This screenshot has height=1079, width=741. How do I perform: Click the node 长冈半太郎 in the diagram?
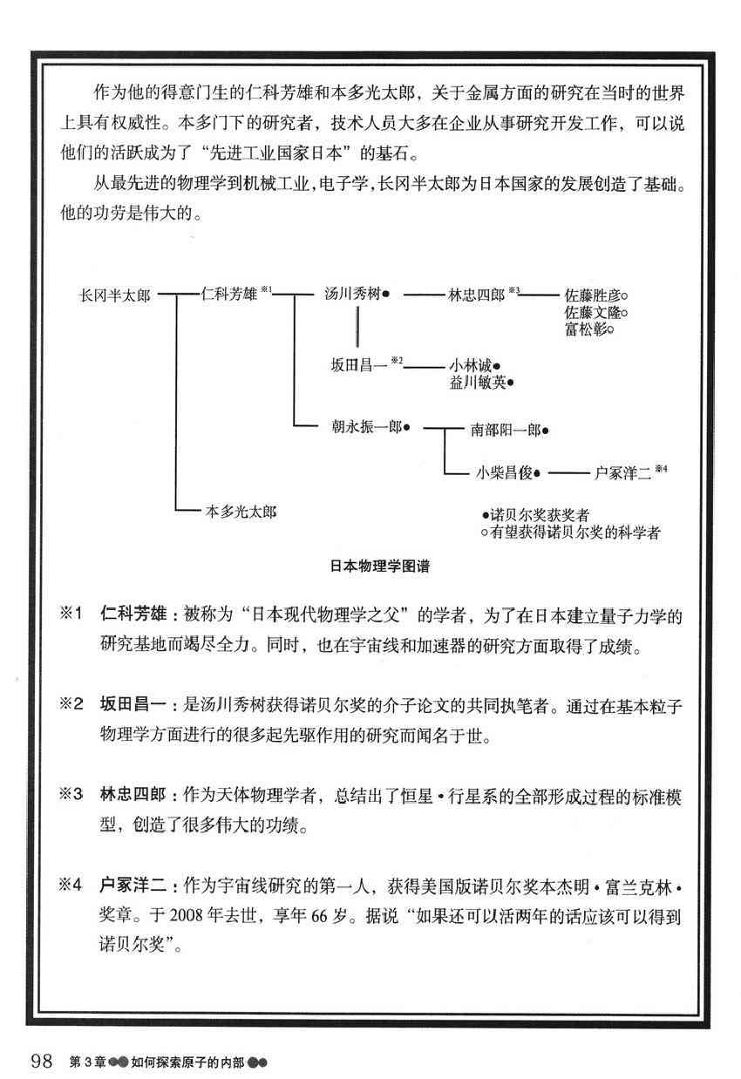click(x=114, y=295)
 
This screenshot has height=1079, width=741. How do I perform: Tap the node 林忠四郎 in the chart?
click(x=476, y=295)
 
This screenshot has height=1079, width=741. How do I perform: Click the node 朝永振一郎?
click(x=364, y=428)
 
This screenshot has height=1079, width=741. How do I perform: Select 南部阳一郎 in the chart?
click(x=506, y=430)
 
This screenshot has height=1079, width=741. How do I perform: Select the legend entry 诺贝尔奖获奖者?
click(x=539, y=515)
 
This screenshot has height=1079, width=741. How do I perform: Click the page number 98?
click(x=43, y=1061)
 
